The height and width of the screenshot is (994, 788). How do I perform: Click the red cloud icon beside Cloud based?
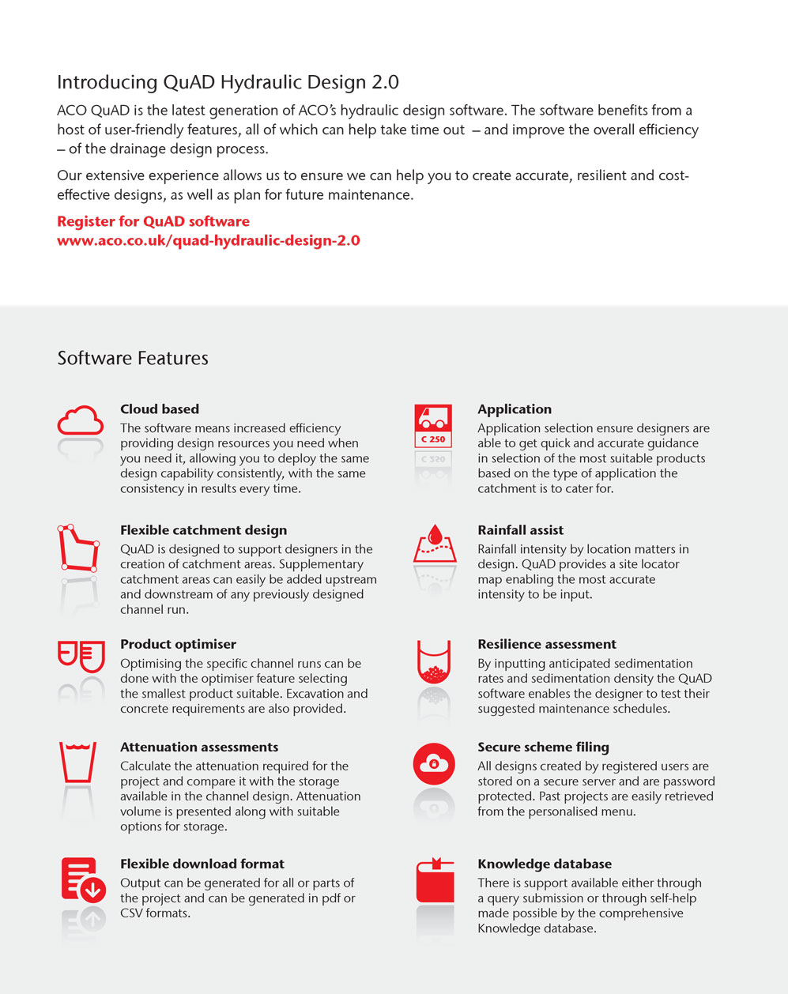pyautogui.click(x=80, y=420)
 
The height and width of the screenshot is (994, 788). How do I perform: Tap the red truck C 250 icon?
pyautogui.click(x=432, y=426)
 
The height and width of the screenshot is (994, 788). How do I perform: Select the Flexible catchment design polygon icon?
pyautogui.click(x=78, y=547)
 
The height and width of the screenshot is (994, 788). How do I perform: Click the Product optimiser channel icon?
pyautogui.click(x=81, y=656)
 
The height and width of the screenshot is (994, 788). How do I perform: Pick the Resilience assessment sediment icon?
pyautogui.click(x=434, y=662)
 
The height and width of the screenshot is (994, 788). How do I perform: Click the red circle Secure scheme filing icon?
pyautogui.click(x=434, y=764)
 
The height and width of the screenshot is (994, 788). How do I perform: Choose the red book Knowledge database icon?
pyautogui.click(x=435, y=880)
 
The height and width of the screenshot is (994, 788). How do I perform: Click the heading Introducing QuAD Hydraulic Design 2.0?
pyautogui.click(x=228, y=82)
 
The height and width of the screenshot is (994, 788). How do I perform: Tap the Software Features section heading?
pyautogui.click(x=133, y=358)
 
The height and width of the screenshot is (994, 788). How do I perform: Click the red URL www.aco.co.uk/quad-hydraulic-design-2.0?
pyautogui.click(x=209, y=240)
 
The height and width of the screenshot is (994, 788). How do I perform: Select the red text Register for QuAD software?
pyautogui.click(x=153, y=221)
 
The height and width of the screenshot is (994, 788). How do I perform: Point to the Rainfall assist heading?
pyautogui.click(x=520, y=530)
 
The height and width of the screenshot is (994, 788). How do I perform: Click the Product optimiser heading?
pyautogui.click(x=178, y=644)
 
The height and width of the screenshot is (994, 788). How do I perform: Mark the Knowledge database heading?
pyautogui.click(x=544, y=864)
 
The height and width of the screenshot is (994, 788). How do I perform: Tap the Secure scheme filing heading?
pyautogui.click(x=543, y=747)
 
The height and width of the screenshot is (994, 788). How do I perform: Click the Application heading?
pyautogui.click(x=515, y=409)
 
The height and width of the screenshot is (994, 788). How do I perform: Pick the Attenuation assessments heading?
pyautogui.click(x=199, y=747)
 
